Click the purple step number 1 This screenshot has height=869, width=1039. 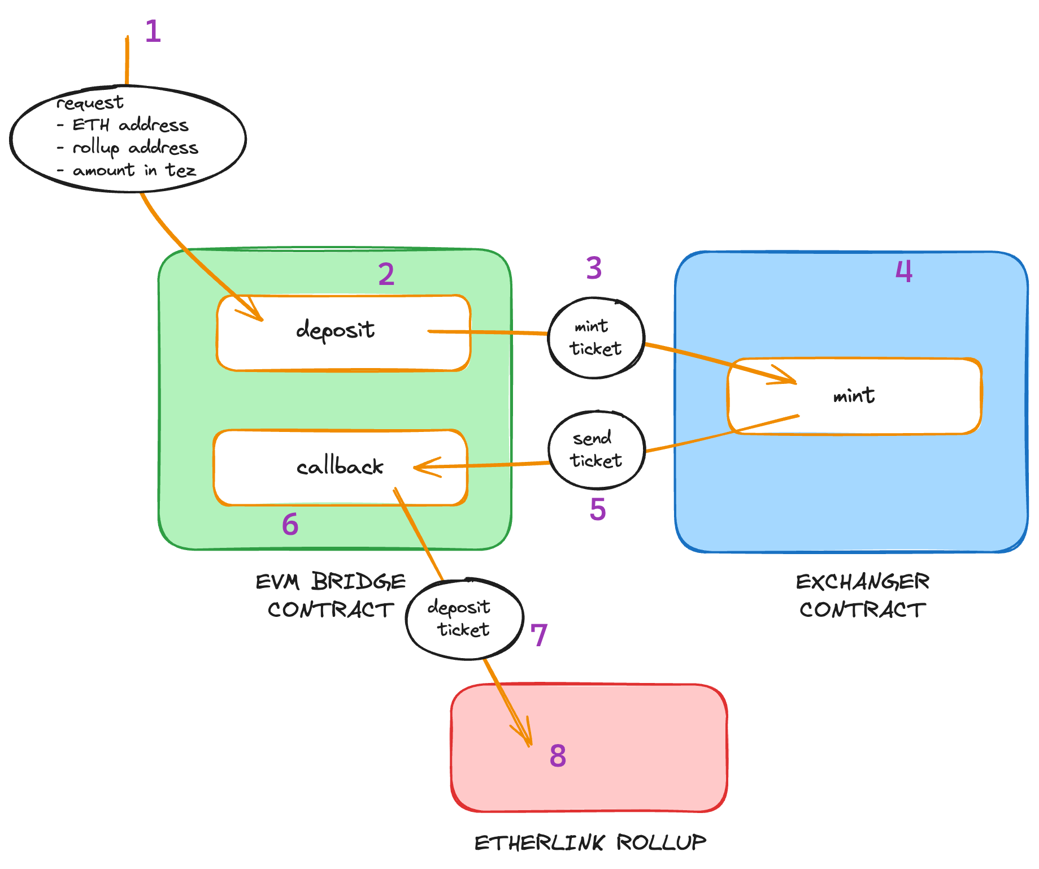tap(153, 31)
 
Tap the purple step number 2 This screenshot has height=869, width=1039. tap(386, 275)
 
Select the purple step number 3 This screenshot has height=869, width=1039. tap(594, 268)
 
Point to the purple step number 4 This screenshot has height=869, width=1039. tap(904, 271)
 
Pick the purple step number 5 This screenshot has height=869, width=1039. tap(598, 509)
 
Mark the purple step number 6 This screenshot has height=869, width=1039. tap(290, 524)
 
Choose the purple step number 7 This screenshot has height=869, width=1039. tap(539, 635)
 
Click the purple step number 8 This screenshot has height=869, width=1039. tap(558, 755)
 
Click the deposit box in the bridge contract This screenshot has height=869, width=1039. tap(344, 332)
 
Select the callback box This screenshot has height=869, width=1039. tap(340, 467)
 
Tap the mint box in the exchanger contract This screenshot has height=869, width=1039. tap(854, 396)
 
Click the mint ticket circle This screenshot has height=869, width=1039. tap(596, 338)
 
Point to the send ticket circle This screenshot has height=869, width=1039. tap(597, 449)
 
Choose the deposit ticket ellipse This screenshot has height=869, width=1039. tap(464, 619)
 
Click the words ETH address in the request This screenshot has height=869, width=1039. tap(131, 125)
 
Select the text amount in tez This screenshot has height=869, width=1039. tap(134, 170)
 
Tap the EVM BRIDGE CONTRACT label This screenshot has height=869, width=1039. tap(331, 595)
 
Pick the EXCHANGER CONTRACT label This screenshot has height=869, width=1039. tap(863, 595)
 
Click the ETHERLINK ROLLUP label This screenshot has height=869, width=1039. tap(590, 842)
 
